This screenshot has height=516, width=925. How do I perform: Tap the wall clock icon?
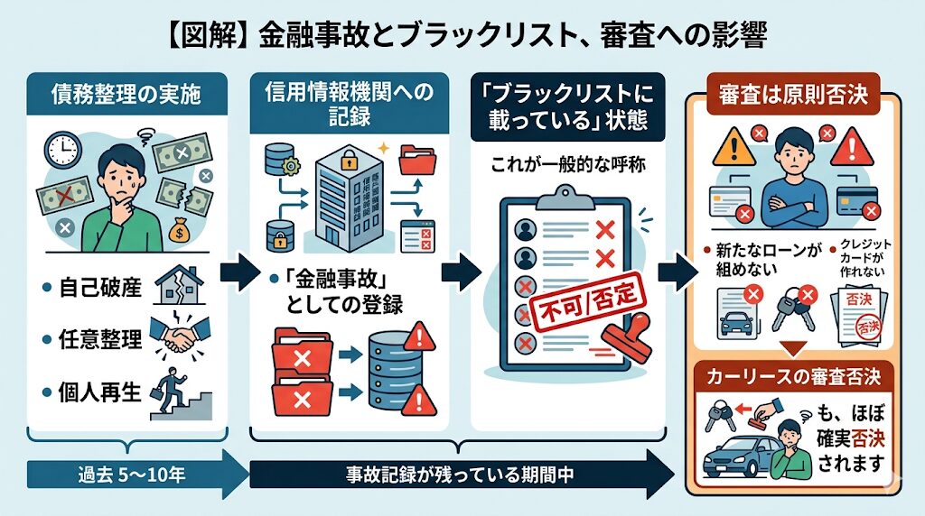(61, 150)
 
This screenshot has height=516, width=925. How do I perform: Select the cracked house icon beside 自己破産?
(180, 286)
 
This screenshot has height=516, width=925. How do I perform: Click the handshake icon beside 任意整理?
(181, 336)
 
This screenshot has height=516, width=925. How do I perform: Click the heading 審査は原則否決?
(793, 94)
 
